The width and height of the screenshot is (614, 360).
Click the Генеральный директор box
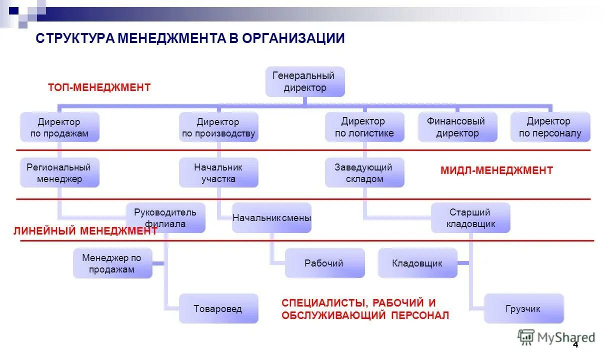tap(304, 81)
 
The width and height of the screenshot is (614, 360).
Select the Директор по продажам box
tap(59, 127)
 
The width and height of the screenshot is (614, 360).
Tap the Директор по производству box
tap(218, 127)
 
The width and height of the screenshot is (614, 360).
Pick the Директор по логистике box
tap(364, 127)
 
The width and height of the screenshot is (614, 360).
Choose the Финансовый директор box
tap(457, 127)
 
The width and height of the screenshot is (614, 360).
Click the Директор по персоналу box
tap(550, 127)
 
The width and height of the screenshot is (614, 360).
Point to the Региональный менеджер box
tap(59, 173)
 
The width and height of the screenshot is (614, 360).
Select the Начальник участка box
tap(218, 173)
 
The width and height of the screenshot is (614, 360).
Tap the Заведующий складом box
tap(364, 173)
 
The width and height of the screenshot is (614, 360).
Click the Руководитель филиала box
tap(165, 218)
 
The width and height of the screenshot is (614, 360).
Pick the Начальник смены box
tap(271, 218)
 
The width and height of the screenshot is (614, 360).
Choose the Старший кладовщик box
tap(470, 218)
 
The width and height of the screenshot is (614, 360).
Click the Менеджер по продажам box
tap(112, 263)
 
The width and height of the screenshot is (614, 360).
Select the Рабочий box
tap(324, 263)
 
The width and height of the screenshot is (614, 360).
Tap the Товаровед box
tap(218, 308)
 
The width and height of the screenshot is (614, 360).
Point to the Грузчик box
tap(523, 308)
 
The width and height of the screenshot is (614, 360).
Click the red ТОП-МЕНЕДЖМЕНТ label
tap(99, 87)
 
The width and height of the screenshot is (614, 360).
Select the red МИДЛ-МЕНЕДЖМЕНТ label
tap(496, 170)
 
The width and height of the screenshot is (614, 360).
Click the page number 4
tap(575, 345)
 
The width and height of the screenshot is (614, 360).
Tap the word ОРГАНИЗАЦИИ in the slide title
tap(293, 38)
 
